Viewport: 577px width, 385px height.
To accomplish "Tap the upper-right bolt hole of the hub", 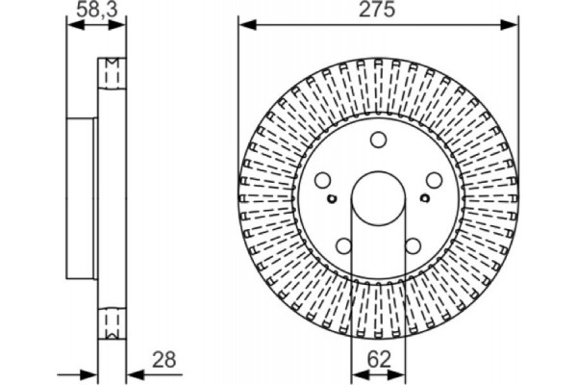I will [x=434, y=179].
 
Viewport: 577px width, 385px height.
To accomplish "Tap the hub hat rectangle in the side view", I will [x=83, y=197].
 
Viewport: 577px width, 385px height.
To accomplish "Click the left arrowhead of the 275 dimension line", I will [x=245, y=25].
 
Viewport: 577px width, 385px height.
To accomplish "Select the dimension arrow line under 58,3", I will [x=96, y=26].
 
